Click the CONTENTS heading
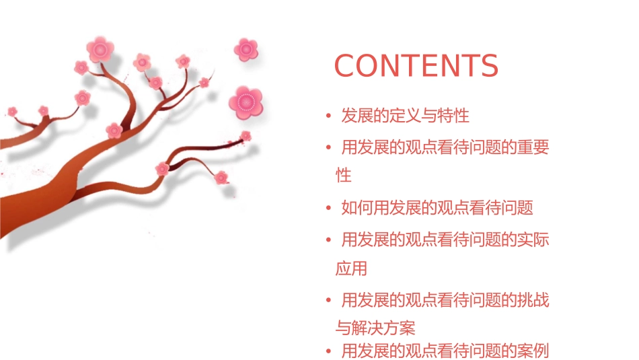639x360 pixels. pos(416,65)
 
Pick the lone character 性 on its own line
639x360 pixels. pos(344,176)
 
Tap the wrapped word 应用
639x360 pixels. pos(351,268)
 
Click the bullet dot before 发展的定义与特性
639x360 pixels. pos(328,116)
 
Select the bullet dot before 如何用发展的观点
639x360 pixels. pos(328,209)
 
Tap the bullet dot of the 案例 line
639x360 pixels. pos(328,351)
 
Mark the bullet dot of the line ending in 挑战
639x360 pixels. pos(328,300)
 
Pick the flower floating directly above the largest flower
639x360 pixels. pos(246,49)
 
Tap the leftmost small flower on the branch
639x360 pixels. pos(12,111)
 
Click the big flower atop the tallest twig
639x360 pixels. pos(100,49)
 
